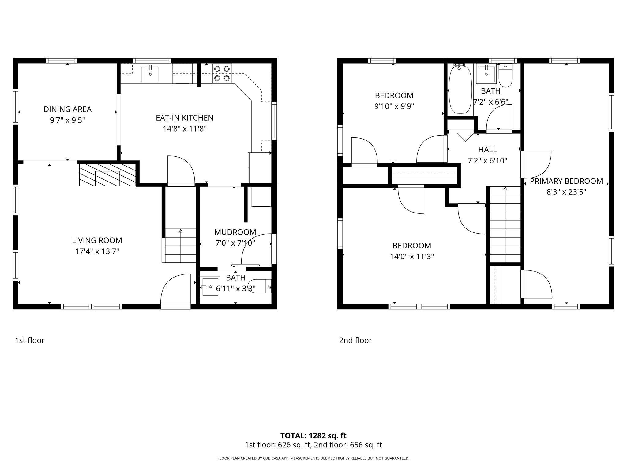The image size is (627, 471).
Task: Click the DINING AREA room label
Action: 67,109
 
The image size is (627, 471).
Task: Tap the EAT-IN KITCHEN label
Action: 185,118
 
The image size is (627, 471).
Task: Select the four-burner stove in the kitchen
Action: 222,74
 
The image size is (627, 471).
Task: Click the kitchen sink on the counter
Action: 150,74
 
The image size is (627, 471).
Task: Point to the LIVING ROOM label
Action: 97,240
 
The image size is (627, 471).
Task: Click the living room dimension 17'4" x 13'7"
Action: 97,251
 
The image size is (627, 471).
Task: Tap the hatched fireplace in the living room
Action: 107,175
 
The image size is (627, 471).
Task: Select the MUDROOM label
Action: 235,232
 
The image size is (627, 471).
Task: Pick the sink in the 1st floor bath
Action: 211,287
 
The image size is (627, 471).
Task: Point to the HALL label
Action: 487,150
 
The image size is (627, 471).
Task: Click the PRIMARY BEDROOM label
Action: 566,181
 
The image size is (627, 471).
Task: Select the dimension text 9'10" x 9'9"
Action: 394,106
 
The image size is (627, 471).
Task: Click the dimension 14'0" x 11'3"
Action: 412,256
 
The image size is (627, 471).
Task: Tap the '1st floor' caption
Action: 30,340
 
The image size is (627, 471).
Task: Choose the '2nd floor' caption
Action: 355,340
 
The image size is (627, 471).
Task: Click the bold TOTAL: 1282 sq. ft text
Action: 313,435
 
